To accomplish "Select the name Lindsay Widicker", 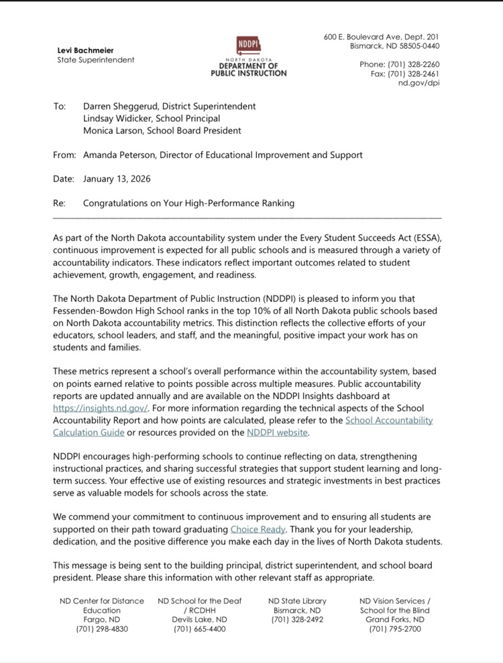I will pos(113,119).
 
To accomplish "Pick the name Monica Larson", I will pos(111,131).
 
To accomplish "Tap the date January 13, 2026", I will pos(117,179).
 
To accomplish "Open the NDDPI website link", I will pos(278,432).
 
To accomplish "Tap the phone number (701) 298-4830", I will pos(102,629).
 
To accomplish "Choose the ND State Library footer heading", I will pos(297,601).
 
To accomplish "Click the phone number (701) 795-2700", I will pos(395,629).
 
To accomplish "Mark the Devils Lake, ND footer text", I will pos(199,619).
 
